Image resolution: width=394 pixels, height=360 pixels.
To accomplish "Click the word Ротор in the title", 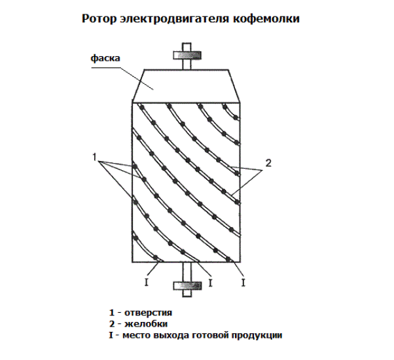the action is pos(99,19).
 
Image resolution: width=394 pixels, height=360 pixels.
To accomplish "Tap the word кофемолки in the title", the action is pos(266,18).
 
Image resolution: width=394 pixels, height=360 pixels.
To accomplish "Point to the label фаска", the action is pos(105,58).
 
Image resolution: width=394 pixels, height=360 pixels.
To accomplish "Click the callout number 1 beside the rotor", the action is pos(94,157).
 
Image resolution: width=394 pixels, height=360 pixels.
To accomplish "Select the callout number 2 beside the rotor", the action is pos(268,163).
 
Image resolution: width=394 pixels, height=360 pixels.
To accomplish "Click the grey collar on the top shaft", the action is pos(187,55).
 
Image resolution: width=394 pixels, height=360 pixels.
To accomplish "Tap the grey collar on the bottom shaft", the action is pos(187,286).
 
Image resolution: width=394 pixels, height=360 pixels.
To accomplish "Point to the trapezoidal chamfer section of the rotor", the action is pos(186,86).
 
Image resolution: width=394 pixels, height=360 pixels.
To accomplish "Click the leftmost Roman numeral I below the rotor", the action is pos(147,283).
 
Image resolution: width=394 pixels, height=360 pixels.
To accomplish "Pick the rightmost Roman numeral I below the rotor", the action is pos(243,283).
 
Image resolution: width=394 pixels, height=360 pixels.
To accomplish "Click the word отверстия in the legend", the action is pos(149,313).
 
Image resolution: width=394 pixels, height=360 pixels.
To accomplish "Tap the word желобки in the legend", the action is pos(146,324).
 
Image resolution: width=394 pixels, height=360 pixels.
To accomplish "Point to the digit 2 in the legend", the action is pos(111,324).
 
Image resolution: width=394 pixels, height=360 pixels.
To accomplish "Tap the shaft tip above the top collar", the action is pos(187,47).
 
